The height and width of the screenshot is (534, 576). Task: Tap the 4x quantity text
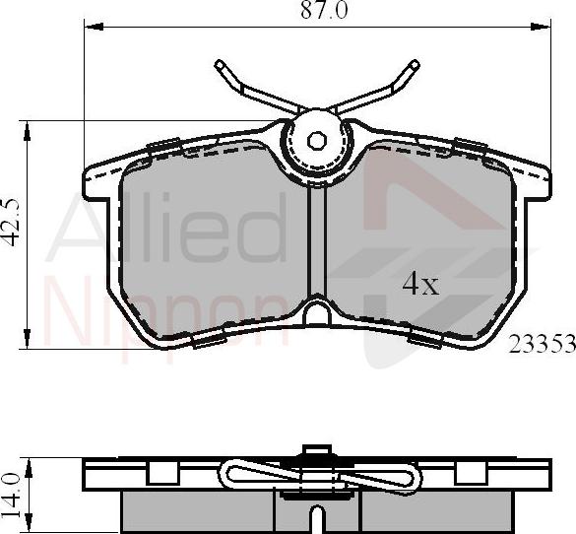click(419, 285)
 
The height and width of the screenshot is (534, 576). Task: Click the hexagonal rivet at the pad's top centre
click(316, 139)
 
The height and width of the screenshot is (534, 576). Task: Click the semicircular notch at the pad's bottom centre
click(317, 314)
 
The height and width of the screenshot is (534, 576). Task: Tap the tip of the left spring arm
click(219, 66)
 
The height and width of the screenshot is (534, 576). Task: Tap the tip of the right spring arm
click(415, 66)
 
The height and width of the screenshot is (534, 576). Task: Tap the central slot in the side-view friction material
click(316, 517)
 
